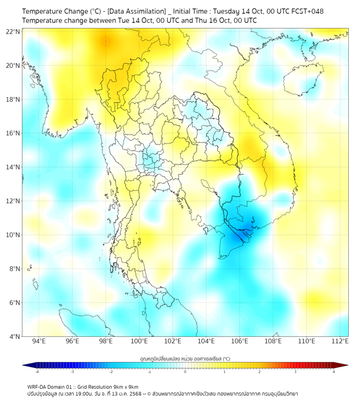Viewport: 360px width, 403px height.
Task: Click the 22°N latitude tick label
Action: pos(13,31)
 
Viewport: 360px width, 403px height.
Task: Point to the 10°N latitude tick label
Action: pos(13,235)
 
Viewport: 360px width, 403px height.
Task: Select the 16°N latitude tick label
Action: pos(13,133)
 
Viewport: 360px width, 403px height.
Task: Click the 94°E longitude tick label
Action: pos(39,341)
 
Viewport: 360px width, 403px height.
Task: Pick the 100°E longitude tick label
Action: pos(139,341)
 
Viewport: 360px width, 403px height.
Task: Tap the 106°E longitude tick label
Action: pos(240,341)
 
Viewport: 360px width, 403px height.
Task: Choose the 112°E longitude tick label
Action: pos(340,341)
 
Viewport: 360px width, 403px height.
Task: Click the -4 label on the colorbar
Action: pos(36,372)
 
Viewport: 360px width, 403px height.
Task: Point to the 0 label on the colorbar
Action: pos(185,372)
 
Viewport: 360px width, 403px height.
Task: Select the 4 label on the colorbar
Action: pos(334,372)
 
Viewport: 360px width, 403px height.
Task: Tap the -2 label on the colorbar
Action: pos(111,372)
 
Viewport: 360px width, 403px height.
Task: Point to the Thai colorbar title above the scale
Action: pos(185,358)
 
